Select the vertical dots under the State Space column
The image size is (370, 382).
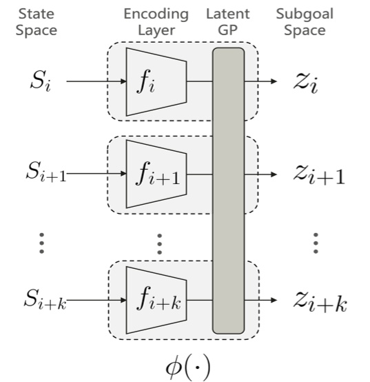(x=41, y=243)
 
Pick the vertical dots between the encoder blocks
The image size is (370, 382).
(x=158, y=243)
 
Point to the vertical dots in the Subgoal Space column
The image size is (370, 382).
(x=315, y=243)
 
